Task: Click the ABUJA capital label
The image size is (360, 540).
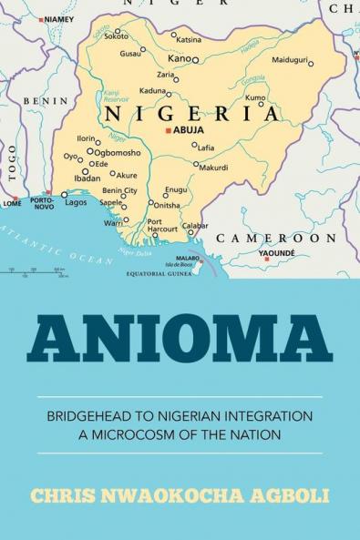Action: [190, 129]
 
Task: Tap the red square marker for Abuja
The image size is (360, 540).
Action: [167, 130]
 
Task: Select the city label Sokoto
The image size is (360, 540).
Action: [116, 36]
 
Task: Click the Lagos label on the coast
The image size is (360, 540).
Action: [77, 202]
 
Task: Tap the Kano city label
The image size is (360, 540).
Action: [179, 59]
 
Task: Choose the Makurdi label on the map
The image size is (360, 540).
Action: [213, 168]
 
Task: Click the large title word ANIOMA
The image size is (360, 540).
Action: [180, 341]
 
